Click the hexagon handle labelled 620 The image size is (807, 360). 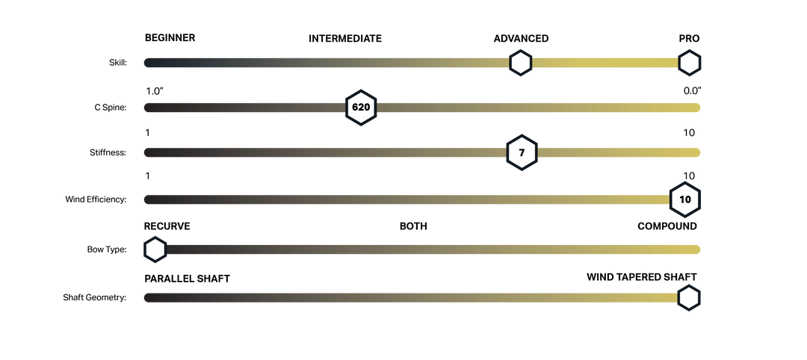point(361,108)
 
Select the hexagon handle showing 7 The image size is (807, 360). point(522,152)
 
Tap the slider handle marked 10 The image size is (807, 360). point(684,199)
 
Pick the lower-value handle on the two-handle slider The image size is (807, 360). point(521,63)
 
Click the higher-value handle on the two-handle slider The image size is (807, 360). point(689,63)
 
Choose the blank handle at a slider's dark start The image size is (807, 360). point(155,249)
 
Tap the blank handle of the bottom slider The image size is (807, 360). point(688,298)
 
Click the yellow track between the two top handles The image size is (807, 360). point(605,63)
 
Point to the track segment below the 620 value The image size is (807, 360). point(247,108)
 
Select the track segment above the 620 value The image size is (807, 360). point(538,108)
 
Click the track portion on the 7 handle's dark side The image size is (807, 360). point(321,152)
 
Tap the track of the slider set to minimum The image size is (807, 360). point(433,249)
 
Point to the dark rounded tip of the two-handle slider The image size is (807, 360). point(147,63)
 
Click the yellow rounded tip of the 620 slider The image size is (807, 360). point(696,108)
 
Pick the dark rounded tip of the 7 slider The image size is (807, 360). point(147,152)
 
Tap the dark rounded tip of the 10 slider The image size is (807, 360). point(147,199)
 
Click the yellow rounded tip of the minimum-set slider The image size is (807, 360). point(696,249)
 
